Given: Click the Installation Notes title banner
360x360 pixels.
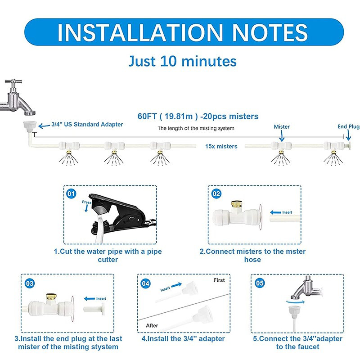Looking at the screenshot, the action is (x=184, y=32).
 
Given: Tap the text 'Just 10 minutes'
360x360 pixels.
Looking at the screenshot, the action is (x=183, y=61).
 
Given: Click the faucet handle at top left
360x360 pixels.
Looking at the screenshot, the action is (x=13, y=82).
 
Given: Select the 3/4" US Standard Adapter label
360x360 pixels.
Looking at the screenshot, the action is (x=87, y=125).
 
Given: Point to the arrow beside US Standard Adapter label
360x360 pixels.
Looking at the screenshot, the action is (x=44, y=126).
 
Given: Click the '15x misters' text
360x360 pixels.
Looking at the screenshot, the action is (x=221, y=147).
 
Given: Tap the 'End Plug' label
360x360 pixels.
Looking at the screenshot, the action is (x=348, y=126).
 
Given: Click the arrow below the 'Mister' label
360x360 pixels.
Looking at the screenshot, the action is (x=282, y=136).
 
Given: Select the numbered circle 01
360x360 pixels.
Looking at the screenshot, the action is (x=71, y=194).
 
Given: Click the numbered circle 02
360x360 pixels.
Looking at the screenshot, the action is (x=216, y=194).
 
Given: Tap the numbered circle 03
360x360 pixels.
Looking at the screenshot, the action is (x=29, y=283).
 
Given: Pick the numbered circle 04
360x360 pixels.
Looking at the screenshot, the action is (x=145, y=283).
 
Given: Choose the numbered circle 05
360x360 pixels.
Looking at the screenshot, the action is (x=260, y=283).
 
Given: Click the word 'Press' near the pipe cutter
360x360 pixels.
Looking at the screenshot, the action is (x=86, y=202).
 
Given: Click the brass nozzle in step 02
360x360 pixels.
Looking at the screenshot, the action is (x=235, y=204).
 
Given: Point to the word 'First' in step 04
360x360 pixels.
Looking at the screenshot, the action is (x=219, y=280).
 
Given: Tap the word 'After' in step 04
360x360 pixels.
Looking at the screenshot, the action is (x=152, y=325).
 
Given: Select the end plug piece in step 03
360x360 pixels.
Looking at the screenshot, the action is (x=94, y=309).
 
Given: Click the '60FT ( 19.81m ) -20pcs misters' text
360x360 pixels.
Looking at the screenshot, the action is (x=198, y=116).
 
